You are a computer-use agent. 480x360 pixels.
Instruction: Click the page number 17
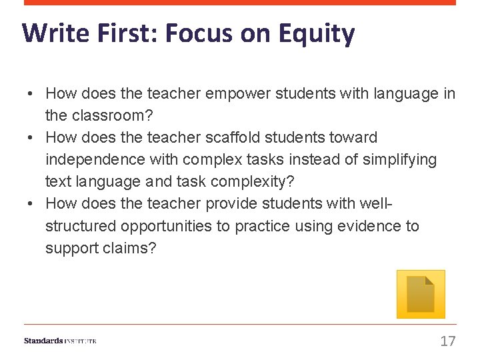click(447, 341)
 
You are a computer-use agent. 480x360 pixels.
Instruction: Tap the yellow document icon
click(420, 294)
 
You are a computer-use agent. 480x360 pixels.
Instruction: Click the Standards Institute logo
click(60, 341)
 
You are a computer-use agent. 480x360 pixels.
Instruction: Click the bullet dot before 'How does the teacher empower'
click(31, 94)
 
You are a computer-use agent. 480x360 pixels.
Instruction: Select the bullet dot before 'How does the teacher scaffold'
click(31, 138)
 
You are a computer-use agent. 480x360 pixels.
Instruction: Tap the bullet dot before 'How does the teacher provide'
click(31, 204)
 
